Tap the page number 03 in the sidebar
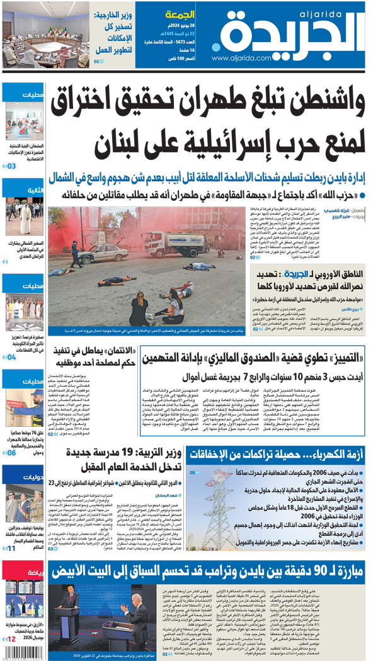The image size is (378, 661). pos(11,166)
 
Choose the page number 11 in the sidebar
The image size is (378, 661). pos(11,549)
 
